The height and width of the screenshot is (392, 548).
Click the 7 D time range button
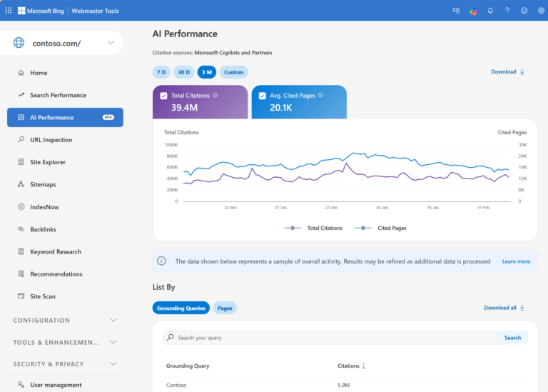[x=161, y=72]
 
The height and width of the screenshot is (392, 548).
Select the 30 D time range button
[x=183, y=72]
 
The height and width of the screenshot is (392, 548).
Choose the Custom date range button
[x=233, y=72]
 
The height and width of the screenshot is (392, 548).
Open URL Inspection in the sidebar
[x=51, y=140]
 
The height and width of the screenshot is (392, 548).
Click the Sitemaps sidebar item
[x=43, y=184]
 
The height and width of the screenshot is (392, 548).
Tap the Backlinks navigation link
[x=43, y=229]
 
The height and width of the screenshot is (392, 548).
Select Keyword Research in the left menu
[x=55, y=251]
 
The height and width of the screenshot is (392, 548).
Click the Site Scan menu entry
[x=42, y=296]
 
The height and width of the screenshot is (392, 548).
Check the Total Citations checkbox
[x=164, y=96]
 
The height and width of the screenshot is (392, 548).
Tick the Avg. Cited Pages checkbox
[x=263, y=96]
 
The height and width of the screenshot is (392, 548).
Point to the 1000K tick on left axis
[x=171, y=144]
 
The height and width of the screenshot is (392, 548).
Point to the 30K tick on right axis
[x=522, y=144]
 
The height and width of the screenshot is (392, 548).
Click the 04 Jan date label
[x=382, y=208]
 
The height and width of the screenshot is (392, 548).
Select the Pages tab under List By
[x=224, y=308]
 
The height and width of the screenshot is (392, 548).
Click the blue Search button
[x=512, y=338]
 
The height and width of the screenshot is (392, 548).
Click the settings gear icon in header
[x=540, y=11]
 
